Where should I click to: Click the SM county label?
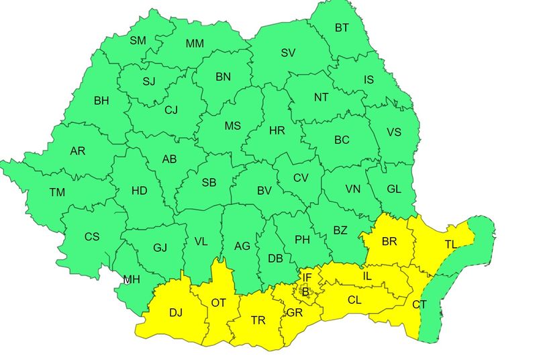click(138, 40)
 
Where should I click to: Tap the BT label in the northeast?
click(342, 28)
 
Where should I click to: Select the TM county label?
click(57, 193)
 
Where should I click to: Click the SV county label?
click(288, 52)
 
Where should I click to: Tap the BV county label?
click(264, 191)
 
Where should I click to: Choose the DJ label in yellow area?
click(176, 312)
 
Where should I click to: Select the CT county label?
click(420, 305)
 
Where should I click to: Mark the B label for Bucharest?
click(305, 291)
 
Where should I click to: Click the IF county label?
click(307, 277)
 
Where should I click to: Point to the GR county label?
click(294, 314)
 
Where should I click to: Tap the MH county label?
click(132, 280)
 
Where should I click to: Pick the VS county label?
click(393, 132)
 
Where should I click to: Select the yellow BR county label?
click(390, 241)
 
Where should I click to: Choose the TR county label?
click(258, 320)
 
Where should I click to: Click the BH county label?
click(101, 101)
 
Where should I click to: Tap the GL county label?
click(394, 189)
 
